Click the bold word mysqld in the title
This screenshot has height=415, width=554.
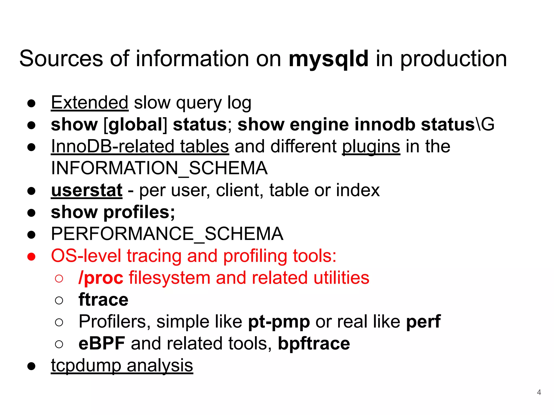328,59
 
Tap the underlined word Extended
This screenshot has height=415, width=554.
89,103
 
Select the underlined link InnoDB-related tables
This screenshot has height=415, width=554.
140,146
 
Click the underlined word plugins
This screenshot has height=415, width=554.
371,146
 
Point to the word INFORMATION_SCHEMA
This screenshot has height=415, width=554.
159,168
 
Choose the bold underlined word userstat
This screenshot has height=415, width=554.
87,190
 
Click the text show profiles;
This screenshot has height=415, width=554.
113,212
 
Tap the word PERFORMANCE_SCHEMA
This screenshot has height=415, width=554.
167,234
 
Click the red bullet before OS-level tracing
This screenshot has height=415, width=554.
31,256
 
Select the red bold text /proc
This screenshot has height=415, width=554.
101,278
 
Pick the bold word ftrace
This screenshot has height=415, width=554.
103,300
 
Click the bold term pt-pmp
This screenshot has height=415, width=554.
279,322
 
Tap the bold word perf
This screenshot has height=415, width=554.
423,322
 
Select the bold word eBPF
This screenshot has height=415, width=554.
102,343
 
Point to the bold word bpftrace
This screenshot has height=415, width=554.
314,343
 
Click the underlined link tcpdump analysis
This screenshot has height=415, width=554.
122,366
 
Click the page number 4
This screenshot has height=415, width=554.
539,392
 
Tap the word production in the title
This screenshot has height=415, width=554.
453,59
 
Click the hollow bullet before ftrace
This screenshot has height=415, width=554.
59,300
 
